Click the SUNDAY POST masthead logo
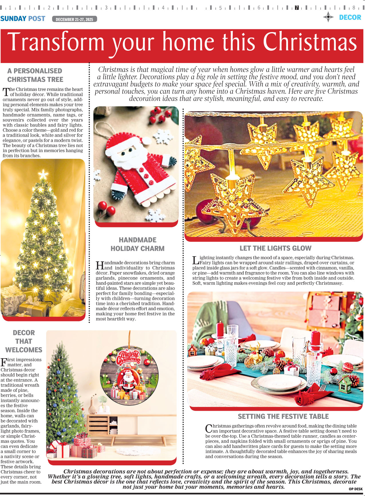tap(23, 19)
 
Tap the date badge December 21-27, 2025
tap(74, 19)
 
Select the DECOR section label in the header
tap(350, 17)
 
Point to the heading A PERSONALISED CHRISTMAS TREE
tap(35, 75)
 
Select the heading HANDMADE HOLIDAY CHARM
tap(137, 244)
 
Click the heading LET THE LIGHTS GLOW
tap(275, 248)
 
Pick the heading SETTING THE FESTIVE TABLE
tap(283, 416)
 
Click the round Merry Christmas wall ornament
tap(129, 376)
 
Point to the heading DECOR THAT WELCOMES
tap(24, 341)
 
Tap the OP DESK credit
tap(356, 489)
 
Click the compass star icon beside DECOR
tap(328, 17)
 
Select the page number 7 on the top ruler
tap(297, 8)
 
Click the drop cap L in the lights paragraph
tap(196, 260)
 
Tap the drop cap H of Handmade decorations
tap(100, 265)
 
